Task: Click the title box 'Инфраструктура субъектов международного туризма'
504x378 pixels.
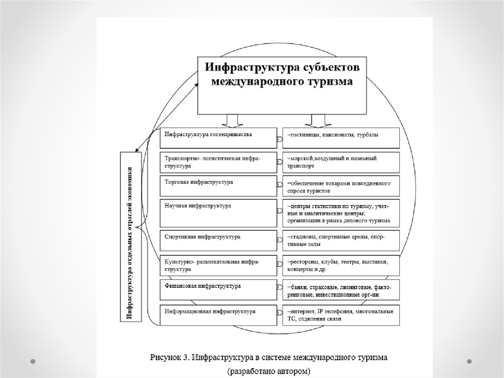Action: [x=282, y=85]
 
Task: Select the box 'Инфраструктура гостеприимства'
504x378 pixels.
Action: [x=218, y=138]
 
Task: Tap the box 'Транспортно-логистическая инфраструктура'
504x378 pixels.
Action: [x=218, y=162]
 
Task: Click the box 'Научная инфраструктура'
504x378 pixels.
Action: [x=218, y=212]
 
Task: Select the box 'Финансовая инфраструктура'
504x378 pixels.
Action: [x=218, y=290]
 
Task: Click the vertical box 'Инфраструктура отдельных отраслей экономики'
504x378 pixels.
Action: [x=130, y=237]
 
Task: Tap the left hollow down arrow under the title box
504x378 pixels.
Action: [x=229, y=120]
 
